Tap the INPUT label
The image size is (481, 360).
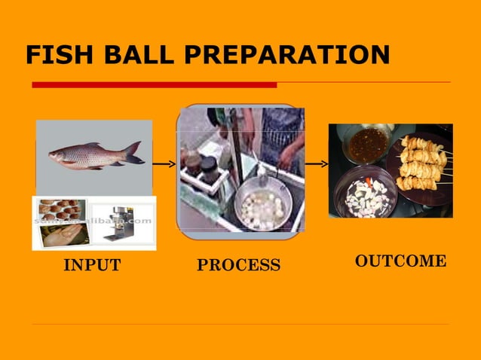coord(92,265)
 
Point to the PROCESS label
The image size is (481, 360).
coord(238,265)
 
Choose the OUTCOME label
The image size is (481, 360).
coord(400,261)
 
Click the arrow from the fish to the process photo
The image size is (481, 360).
coord(164,163)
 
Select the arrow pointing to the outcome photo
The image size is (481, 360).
coord(317,163)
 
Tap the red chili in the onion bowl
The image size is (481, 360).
coord(369,182)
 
